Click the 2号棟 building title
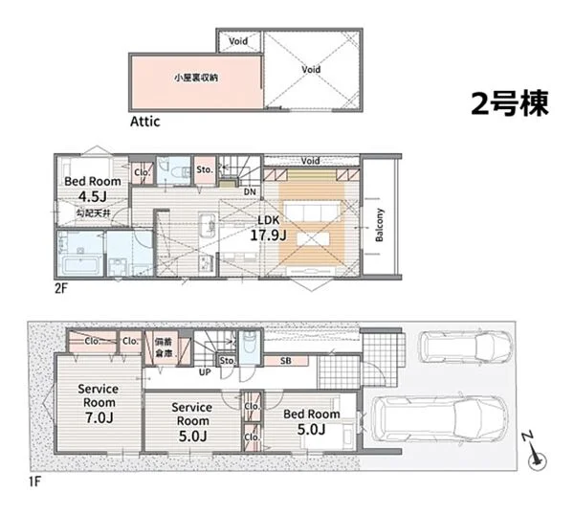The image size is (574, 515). point(509,104)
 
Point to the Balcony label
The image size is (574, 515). point(380,224)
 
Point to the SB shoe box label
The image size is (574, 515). point(285,361)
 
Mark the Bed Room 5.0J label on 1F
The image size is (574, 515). point(311,421)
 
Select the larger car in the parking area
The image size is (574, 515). point(430,418)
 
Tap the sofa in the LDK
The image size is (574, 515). point(307,213)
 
